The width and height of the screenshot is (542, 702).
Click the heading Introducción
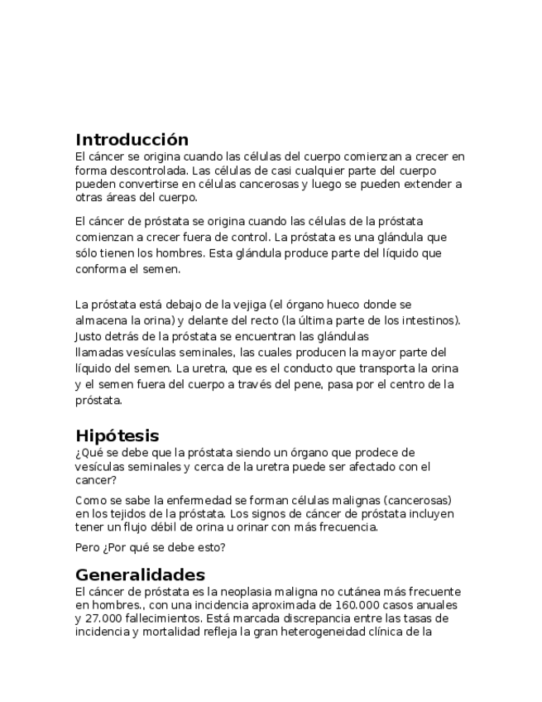point(132,139)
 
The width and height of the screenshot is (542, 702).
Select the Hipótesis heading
point(117,435)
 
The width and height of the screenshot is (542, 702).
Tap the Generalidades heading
point(140,575)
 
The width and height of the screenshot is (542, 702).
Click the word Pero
point(88,547)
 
